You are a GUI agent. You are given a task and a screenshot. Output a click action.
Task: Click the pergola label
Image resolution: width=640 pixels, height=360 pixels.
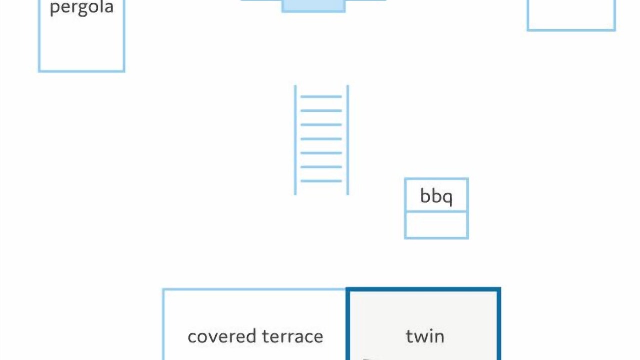(x=81, y=8)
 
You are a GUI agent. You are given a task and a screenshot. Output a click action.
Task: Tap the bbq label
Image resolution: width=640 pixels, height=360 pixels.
(x=436, y=196)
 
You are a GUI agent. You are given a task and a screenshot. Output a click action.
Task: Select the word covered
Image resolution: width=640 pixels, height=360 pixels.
(x=222, y=336)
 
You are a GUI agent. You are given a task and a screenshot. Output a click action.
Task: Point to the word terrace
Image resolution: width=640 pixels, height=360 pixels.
(x=293, y=336)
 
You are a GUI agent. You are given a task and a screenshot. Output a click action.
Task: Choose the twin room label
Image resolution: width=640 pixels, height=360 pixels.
(x=425, y=336)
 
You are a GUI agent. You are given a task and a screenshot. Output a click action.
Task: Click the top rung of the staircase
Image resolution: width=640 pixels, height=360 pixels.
(x=321, y=97)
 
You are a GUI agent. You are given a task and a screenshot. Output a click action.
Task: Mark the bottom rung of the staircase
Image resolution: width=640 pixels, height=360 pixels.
(x=321, y=181)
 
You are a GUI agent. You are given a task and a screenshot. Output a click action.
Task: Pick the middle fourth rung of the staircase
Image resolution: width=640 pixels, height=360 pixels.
(x=321, y=139)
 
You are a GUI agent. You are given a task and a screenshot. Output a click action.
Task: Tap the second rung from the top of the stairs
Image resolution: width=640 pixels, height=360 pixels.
(x=321, y=111)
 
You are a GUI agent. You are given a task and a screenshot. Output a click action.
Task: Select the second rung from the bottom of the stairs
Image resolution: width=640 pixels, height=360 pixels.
(x=321, y=167)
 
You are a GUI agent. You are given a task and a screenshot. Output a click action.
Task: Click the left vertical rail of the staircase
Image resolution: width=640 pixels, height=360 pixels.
(x=295, y=140)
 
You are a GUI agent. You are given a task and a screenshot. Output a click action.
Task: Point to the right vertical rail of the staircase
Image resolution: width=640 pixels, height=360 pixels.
(x=348, y=140)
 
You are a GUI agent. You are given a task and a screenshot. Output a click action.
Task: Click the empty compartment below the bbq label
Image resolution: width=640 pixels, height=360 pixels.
(x=436, y=225)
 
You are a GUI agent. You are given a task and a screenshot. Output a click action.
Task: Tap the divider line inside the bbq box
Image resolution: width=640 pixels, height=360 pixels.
(x=436, y=211)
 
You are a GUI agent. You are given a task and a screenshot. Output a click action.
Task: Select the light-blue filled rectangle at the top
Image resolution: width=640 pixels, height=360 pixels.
(x=313, y=5)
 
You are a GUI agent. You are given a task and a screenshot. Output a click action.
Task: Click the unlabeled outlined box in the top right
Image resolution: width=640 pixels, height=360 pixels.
(x=571, y=29)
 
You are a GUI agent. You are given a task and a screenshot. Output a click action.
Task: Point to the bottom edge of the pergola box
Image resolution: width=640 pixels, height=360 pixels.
(x=81, y=71)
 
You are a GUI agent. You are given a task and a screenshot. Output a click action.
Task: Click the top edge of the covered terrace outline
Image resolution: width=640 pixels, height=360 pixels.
(x=254, y=290)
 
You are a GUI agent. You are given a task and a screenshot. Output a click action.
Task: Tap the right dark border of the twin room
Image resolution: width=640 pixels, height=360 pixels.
(x=499, y=325)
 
